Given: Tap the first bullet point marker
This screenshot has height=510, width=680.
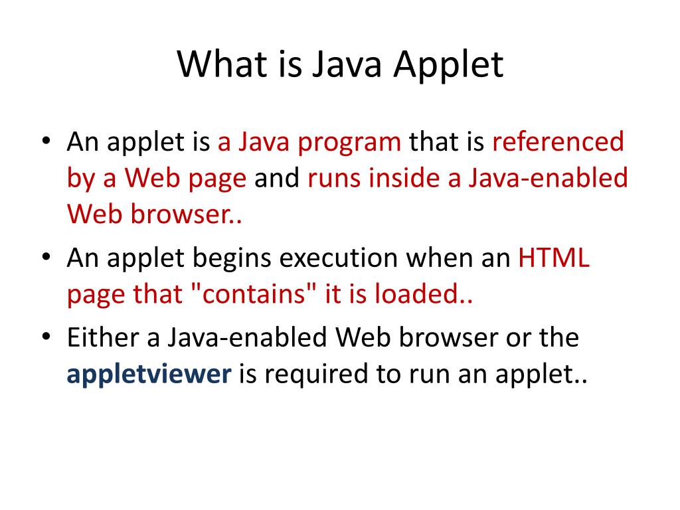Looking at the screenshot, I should pos(46,142).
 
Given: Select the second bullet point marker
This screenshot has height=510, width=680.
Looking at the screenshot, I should pos(46,258).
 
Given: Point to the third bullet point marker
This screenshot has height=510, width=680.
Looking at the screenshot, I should pos(46,337).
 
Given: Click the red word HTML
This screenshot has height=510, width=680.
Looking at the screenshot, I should pos(554,258).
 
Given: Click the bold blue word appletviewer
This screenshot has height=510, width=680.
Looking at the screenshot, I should pos(149,375).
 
